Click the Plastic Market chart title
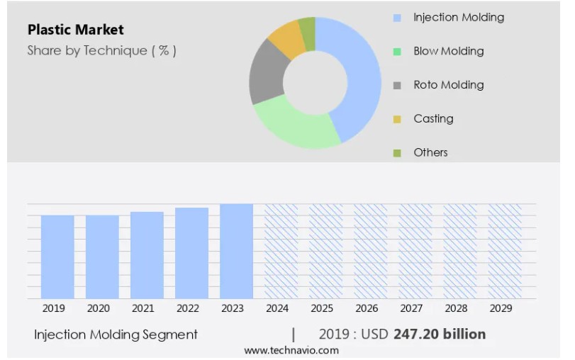point(76,30)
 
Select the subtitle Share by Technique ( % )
point(101,50)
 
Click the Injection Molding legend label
point(458,17)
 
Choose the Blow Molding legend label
point(448,51)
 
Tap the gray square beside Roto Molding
point(397,85)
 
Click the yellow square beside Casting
point(397,119)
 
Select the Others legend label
point(430,152)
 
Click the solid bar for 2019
point(57,257)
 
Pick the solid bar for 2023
point(236,251)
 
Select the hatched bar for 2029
point(504,251)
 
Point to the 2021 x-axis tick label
point(143,309)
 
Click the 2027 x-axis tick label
point(411,309)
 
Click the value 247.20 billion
point(440,334)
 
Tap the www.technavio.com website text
point(291,351)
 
